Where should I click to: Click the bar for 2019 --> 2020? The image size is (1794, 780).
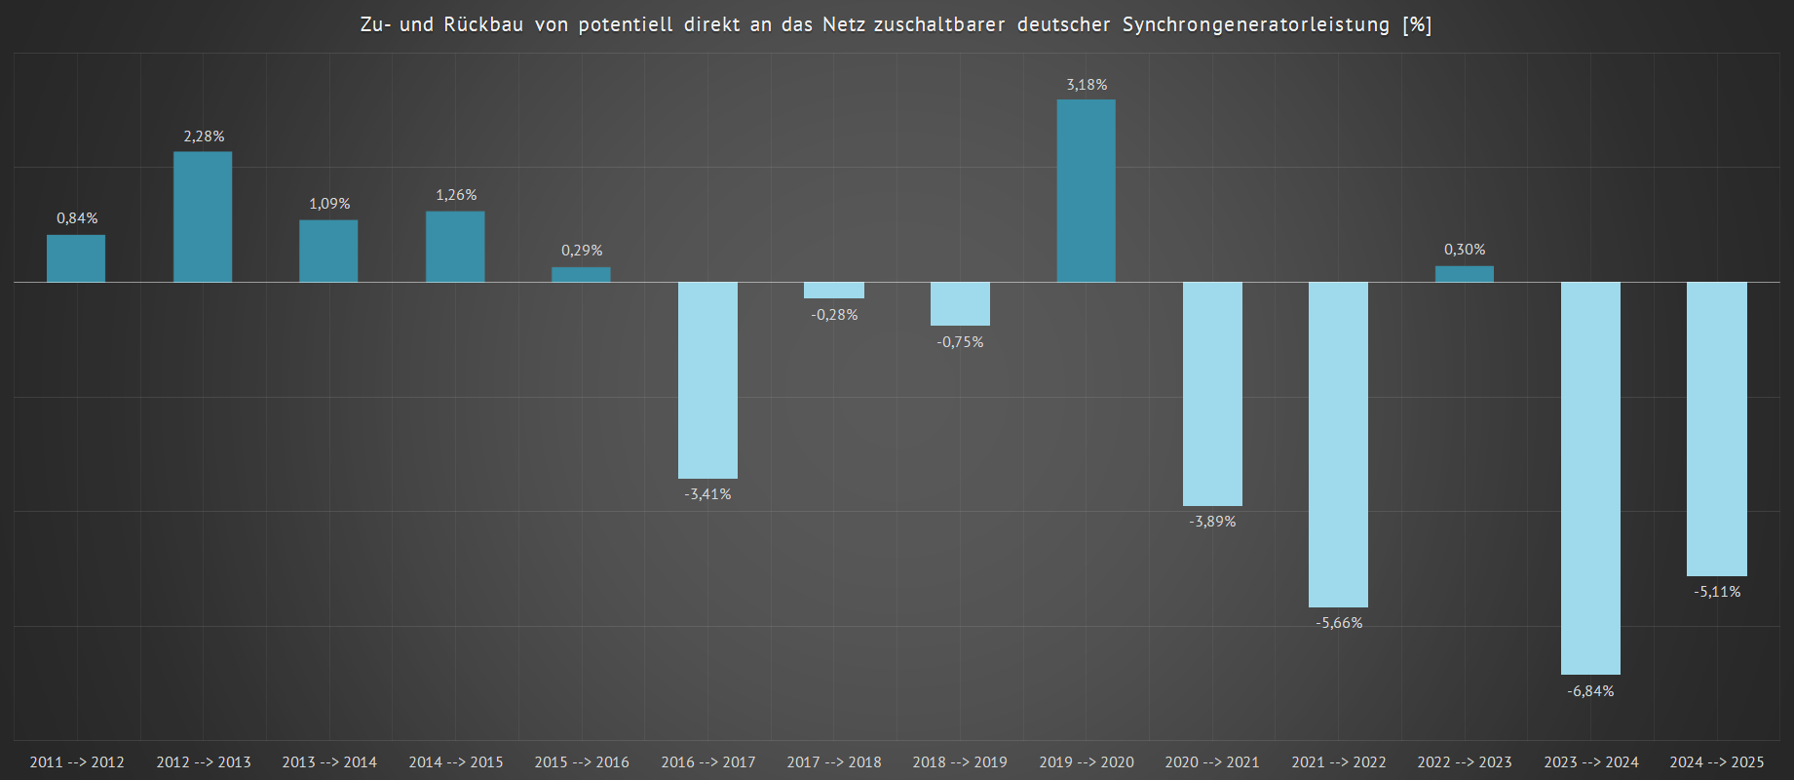(x=1087, y=191)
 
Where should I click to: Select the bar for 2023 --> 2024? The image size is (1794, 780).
(x=1590, y=478)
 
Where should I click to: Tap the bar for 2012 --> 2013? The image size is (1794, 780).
(x=203, y=216)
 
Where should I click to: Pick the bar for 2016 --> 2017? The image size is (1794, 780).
(x=707, y=380)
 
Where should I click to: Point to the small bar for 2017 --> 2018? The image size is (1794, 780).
(x=834, y=291)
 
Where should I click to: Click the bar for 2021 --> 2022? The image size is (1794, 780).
(x=1338, y=445)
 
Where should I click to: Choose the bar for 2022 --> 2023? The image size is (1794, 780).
(x=1464, y=274)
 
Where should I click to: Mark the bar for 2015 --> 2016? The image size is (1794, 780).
(x=581, y=275)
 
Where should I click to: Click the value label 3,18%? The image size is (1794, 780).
(x=1087, y=85)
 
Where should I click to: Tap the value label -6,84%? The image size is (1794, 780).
(x=1590, y=691)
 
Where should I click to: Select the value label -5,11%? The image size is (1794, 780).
(x=1717, y=592)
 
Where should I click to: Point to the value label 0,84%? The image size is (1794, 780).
(x=77, y=218)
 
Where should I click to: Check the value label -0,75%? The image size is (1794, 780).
(x=960, y=342)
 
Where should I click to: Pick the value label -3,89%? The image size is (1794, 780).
(x=1212, y=522)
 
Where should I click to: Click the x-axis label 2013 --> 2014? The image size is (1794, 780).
(x=329, y=762)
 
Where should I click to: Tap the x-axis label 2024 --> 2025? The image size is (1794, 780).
(x=1717, y=762)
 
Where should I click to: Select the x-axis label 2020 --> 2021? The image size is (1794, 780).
(x=1212, y=762)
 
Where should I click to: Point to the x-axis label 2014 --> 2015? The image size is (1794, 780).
(x=456, y=762)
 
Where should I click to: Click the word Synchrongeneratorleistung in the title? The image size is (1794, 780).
(x=1256, y=24)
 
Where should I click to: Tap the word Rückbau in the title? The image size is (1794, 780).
(x=483, y=24)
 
